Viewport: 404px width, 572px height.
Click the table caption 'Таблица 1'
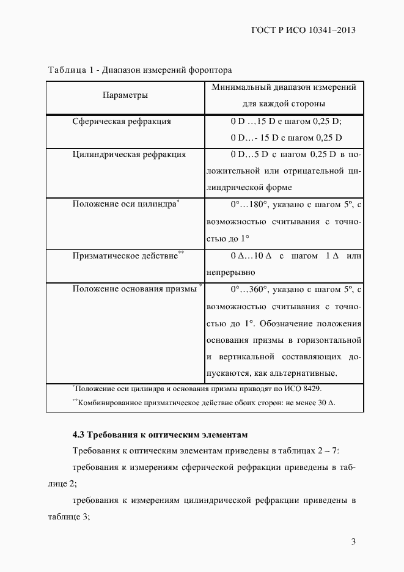pos(67,70)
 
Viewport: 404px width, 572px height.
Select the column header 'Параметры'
pos(125,95)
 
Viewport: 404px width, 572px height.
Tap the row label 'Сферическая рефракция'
pos(122,121)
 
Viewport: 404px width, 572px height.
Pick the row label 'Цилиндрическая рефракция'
pos(129,154)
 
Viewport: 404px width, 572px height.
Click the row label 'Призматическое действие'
pos(125,256)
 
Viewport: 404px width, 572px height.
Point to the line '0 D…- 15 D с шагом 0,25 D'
pos(285,137)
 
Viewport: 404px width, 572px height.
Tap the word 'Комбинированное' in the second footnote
pos(106,403)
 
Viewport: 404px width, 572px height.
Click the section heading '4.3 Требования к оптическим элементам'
pos(161,436)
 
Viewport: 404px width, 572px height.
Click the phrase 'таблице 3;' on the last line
pos(68,516)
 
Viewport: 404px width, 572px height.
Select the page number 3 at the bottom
pos(353,541)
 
